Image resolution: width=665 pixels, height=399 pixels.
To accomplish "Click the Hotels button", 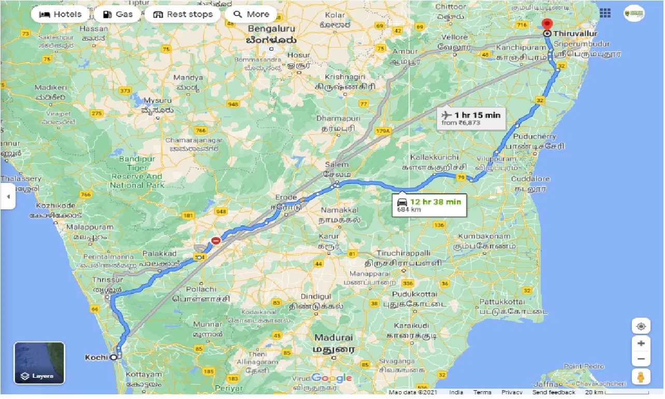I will tap(61, 14).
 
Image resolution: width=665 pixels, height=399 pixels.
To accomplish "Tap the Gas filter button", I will tap(118, 14).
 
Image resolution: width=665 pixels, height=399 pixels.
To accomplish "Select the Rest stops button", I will tap(183, 14).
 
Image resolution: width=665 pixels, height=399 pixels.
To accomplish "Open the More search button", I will tap(252, 14).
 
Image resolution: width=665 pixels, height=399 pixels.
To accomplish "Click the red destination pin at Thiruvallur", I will tap(547, 24).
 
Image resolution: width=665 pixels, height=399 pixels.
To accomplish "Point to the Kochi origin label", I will tap(96, 357).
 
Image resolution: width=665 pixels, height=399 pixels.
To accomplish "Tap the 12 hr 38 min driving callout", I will tap(430, 205).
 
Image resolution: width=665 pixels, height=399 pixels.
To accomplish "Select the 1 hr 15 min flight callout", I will tap(471, 119).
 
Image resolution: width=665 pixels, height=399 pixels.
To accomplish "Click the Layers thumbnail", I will tap(39, 363).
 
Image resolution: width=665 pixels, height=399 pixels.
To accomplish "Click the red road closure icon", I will tap(215, 240).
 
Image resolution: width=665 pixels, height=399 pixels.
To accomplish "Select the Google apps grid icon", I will tap(605, 13).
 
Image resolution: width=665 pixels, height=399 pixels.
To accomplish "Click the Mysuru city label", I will tap(157, 100).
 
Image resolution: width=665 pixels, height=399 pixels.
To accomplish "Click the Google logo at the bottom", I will tap(331, 378).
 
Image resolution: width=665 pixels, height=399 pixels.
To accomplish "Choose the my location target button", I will tap(641, 326).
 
